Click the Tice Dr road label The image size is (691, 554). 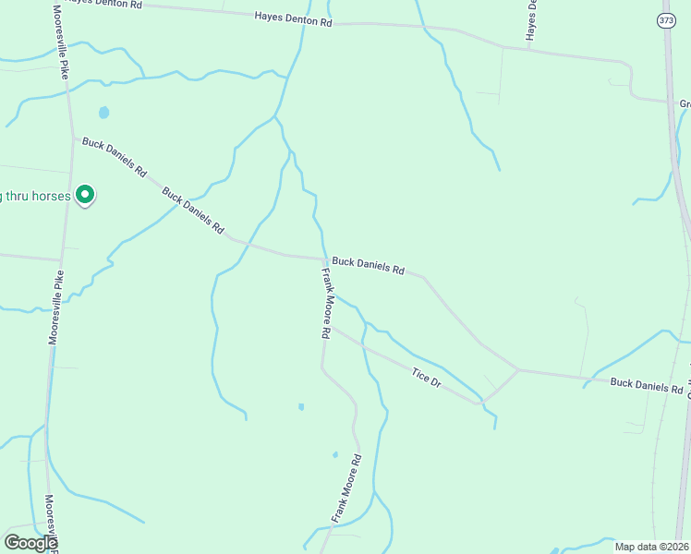click(x=426, y=376)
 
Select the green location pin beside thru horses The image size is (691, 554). click(x=85, y=194)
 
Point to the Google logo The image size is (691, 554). click(x=30, y=543)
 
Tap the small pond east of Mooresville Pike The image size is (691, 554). click(x=103, y=113)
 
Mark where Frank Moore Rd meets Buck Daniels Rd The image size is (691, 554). click(x=325, y=259)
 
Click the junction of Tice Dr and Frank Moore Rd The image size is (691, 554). click(x=333, y=328)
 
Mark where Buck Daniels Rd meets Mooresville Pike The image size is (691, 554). click(x=73, y=138)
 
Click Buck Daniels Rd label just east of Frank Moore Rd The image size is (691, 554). click(x=369, y=266)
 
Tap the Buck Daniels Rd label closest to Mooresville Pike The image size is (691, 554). click(x=115, y=157)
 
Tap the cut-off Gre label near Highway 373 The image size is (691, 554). click(x=684, y=104)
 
